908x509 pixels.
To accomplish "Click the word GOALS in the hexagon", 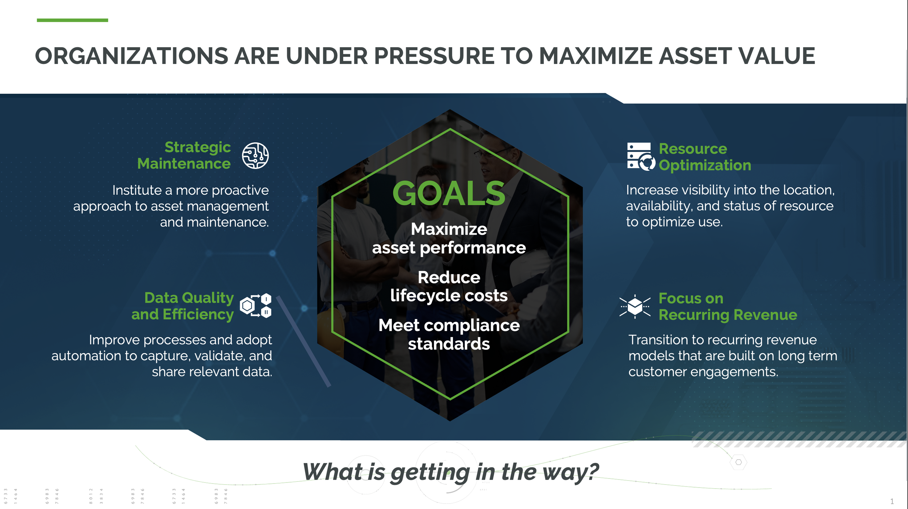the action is pyautogui.click(x=449, y=193).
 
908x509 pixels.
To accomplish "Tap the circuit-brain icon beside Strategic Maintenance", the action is pyautogui.click(x=255, y=155).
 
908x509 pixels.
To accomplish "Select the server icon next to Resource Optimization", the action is pyautogui.click(x=641, y=157).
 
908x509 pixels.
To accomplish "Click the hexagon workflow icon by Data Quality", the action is pyautogui.click(x=256, y=305).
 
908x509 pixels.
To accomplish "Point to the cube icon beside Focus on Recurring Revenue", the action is pyautogui.click(x=635, y=307).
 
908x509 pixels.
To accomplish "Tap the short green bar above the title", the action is pyautogui.click(x=72, y=20).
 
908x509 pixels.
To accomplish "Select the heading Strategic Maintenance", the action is pyautogui.click(x=184, y=155).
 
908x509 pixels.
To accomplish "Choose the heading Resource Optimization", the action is pyautogui.click(x=705, y=157).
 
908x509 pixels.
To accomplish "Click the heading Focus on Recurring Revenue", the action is pyautogui.click(x=728, y=307).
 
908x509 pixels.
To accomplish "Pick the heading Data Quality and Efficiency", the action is pyautogui.click(x=183, y=306).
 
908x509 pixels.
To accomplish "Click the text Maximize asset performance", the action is pyautogui.click(x=449, y=238).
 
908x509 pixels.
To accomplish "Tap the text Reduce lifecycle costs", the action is pyautogui.click(x=449, y=286).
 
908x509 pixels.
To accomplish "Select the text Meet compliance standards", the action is pyautogui.click(x=449, y=334).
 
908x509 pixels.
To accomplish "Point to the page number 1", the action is pyautogui.click(x=892, y=501).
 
